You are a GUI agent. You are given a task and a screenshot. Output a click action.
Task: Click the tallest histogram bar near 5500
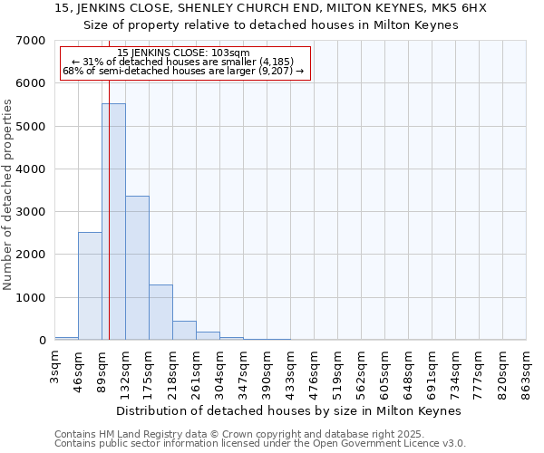[113, 222]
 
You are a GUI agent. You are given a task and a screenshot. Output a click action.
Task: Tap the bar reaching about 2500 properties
[90, 286]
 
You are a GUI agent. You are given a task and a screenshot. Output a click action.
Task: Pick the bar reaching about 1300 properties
[160, 313]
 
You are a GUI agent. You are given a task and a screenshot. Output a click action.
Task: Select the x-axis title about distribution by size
[289, 410]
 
